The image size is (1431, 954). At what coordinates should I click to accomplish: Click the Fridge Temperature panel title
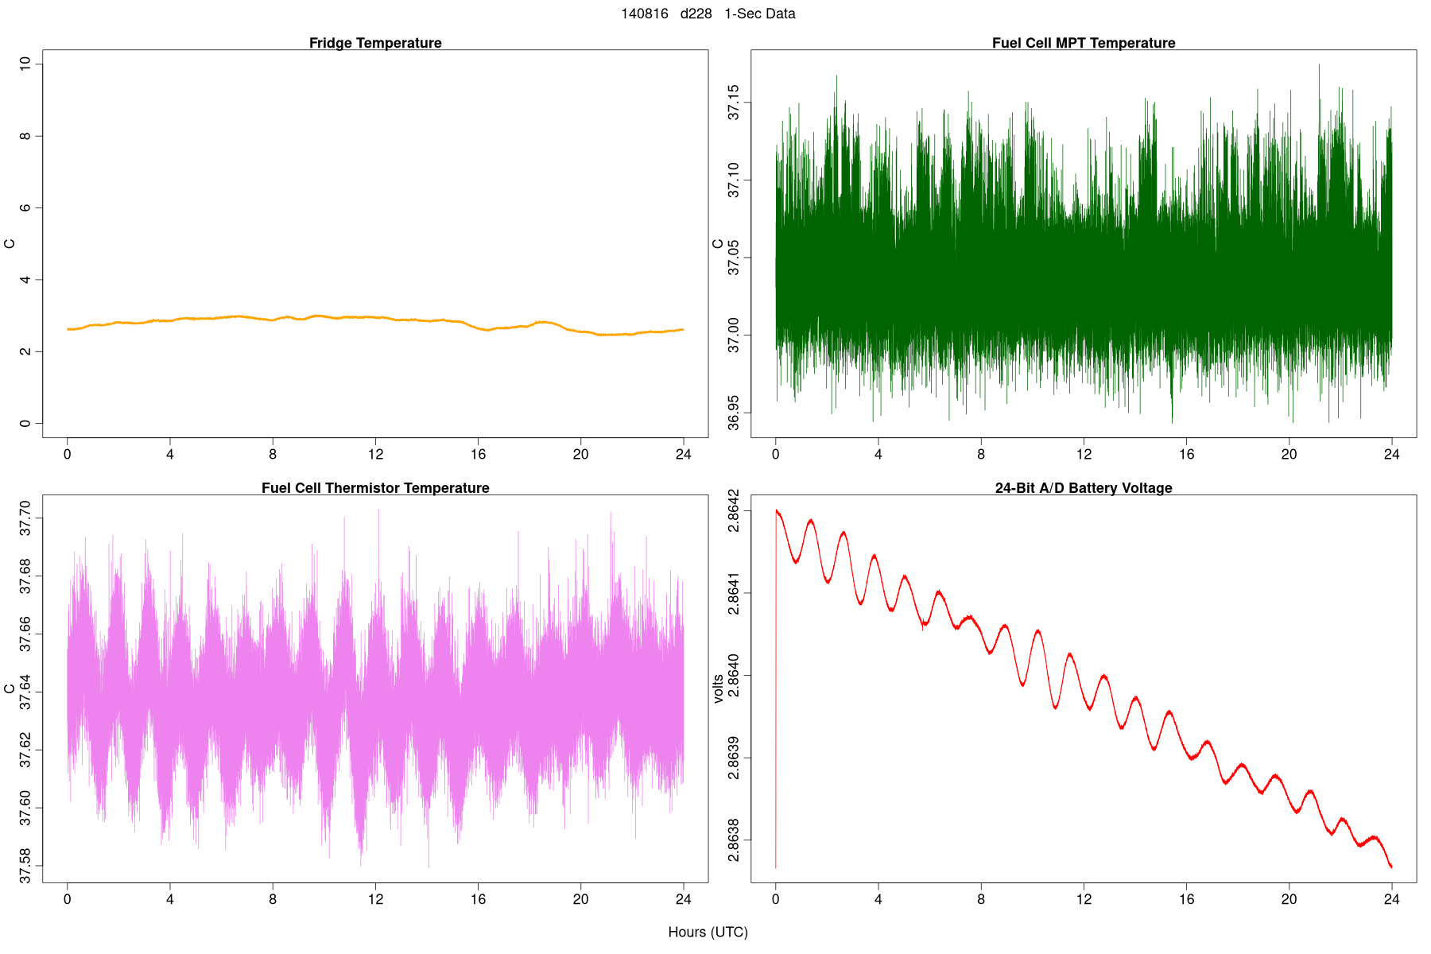click(375, 43)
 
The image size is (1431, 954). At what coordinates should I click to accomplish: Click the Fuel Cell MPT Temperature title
click(1083, 43)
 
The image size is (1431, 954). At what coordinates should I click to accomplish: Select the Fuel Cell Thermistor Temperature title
click(375, 488)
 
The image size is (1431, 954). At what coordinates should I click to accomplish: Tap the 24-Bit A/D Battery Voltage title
click(1083, 488)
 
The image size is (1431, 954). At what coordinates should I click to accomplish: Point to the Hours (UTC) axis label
click(708, 932)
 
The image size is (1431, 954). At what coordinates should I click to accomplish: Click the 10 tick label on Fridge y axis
click(25, 64)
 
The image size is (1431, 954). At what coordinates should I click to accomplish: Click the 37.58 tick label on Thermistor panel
click(25, 866)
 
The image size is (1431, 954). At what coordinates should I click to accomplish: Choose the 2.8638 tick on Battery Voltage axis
click(733, 840)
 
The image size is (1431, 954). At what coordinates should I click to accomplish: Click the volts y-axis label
click(719, 688)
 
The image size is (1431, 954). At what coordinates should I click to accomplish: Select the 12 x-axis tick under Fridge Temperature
click(375, 455)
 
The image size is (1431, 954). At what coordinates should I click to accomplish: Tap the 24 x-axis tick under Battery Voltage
click(1391, 899)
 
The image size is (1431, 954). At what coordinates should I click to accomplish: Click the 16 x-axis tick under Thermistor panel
click(478, 899)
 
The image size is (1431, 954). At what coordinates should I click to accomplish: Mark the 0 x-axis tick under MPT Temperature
click(776, 455)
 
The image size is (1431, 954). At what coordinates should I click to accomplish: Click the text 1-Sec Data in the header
click(759, 14)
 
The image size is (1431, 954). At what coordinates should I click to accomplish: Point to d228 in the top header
click(696, 14)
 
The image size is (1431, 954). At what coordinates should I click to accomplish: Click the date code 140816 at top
click(645, 14)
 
